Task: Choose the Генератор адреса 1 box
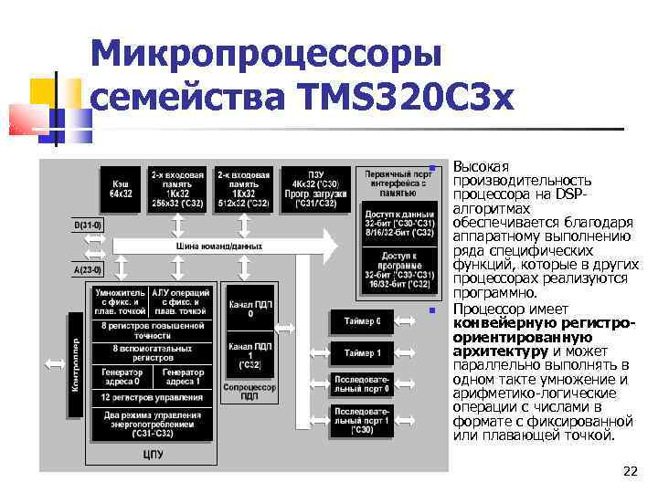[x=184, y=375]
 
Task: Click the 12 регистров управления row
[x=153, y=397]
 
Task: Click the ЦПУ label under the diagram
[x=153, y=453]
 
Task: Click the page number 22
[x=629, y=471]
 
